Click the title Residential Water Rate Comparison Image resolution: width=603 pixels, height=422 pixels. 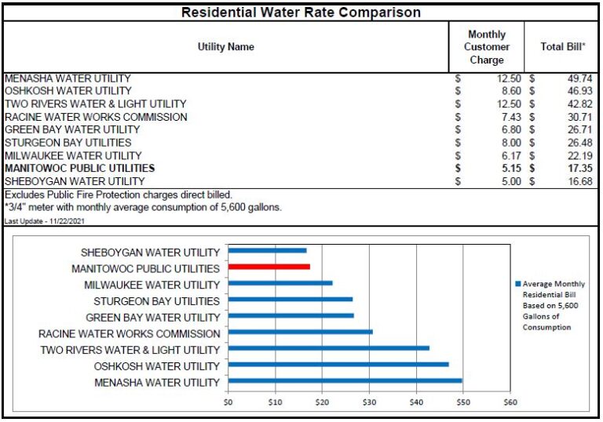click(x=301, y=13)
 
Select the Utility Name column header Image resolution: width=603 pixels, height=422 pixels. click(x=225, y=47)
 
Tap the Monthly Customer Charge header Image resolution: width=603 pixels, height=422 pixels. click(x=487, y=47)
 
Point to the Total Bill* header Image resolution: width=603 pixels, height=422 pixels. click(x=563, y=47)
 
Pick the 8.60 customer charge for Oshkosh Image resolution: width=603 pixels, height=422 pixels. click(x=511, y=91)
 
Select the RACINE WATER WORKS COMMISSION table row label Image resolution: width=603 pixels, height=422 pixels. click(x=96, y=117)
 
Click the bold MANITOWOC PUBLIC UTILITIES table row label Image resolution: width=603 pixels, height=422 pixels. click(x=79, y=168)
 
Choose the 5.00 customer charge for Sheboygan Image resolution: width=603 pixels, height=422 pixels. click(x=511, y=181)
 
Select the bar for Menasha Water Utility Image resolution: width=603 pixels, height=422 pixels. click(x=345, y=381)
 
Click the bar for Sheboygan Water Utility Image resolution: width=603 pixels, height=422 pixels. click(x=267, y=251)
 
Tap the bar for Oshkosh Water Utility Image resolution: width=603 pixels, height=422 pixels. click(x=338, y=365)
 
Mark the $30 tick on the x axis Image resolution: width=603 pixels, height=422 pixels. click(x=369, y=402)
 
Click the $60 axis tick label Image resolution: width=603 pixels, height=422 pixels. click(x=510, y=402)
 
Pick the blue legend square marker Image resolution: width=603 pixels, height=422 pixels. click(x=517, y=284)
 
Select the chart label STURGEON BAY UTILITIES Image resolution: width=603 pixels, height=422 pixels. click(x=156, y=301)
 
